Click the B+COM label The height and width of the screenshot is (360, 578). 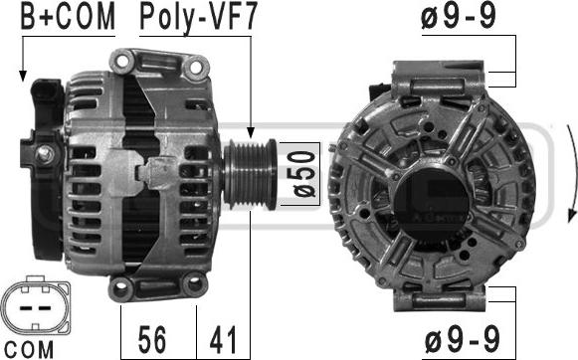(68, 17)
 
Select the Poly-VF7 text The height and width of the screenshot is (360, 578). (198, 17)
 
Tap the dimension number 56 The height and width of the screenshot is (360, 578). (152, 339)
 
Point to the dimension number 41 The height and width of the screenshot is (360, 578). (223, 339)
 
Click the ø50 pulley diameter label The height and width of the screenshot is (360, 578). (304, 174)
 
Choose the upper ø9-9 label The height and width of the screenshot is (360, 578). (459, 16)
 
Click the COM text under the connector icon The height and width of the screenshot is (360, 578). (29, 349)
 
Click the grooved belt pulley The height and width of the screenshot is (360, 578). (251, 174)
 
